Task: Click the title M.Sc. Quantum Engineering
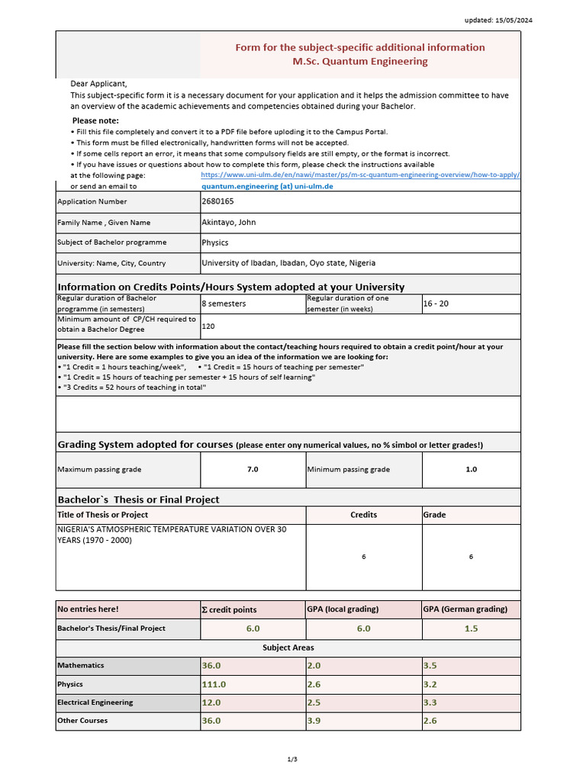point(360,61)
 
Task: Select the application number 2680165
point(217,201)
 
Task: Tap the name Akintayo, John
point(228,223)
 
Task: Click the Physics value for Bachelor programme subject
point(214,243)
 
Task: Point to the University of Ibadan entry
point(288,263)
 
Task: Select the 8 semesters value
point(224,304)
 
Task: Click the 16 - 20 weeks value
point(436,304)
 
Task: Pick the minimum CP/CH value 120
point(208,326)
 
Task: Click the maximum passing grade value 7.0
point(253,470)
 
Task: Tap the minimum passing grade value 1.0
point(471,470)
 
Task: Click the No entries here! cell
point(89,609)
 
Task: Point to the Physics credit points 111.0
point(214,684)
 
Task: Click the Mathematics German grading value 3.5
point(430,666)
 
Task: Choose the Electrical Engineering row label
point(95,702)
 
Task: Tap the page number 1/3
point(291,759)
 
